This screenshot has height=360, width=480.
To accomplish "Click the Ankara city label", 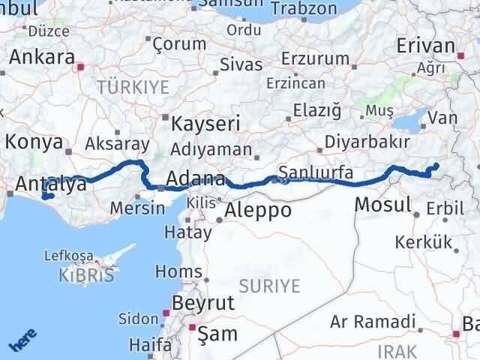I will [x=41, y=58].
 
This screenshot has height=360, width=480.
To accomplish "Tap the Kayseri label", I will [x=205, y=123].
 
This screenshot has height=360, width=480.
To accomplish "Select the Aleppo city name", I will [x=257, y=210].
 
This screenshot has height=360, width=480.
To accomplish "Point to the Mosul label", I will [x=382, y=203].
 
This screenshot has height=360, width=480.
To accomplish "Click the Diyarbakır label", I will [x=367, y=142].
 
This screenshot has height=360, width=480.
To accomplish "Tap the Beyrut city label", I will [x=204, y=303].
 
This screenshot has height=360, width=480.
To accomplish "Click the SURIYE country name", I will [x=269, y=286].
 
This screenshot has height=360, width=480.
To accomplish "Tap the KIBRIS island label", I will [x=86, y=275].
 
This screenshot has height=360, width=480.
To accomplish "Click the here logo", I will [x=20, y=342].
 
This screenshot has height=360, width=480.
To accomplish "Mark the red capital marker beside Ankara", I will [x=81, y=67].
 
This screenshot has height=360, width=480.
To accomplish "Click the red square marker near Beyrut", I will [x=166, y=313].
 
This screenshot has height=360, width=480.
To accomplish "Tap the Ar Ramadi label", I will [x=373, y=322].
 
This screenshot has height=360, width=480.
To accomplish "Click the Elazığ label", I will [x=316, y=111].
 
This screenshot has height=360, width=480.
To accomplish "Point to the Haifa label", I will [x=150, y=345].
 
